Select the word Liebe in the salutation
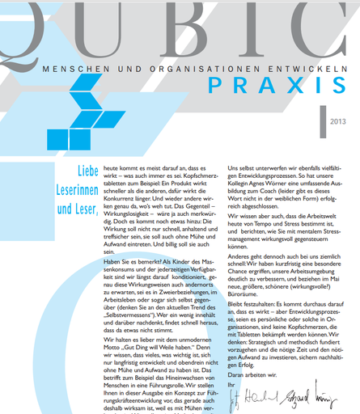[77, 172]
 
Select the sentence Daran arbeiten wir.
[253, 376]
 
